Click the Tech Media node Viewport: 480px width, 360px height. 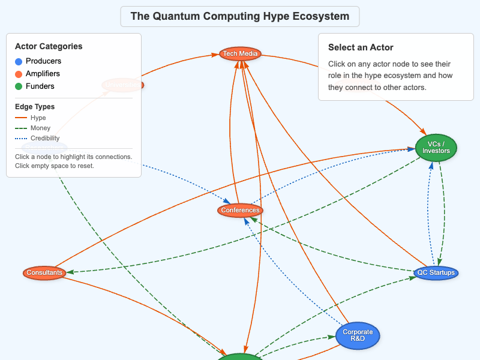point(240,54)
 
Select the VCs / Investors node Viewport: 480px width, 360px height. point(436,148)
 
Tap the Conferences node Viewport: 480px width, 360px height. point(240,210)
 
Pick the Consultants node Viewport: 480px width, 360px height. point(44,272)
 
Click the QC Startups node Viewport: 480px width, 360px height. point(436,272)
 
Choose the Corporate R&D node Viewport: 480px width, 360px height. point(358,335)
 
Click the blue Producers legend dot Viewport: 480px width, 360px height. point(19,61)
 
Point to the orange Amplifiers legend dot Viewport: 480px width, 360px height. point(19,74)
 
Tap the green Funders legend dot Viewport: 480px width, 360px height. point(19,86)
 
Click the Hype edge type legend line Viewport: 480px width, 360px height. point(22,118)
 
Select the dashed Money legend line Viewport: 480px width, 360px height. point(22,128)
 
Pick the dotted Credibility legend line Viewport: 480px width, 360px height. point(22,139)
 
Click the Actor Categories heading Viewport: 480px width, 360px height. point(49,46)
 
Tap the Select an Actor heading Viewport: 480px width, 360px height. point(361,47)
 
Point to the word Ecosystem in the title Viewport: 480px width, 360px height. point(321,16)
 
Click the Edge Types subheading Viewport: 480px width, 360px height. point(35,107)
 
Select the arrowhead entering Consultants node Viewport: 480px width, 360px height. point(70,272)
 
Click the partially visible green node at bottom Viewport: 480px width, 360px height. point(239,357)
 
